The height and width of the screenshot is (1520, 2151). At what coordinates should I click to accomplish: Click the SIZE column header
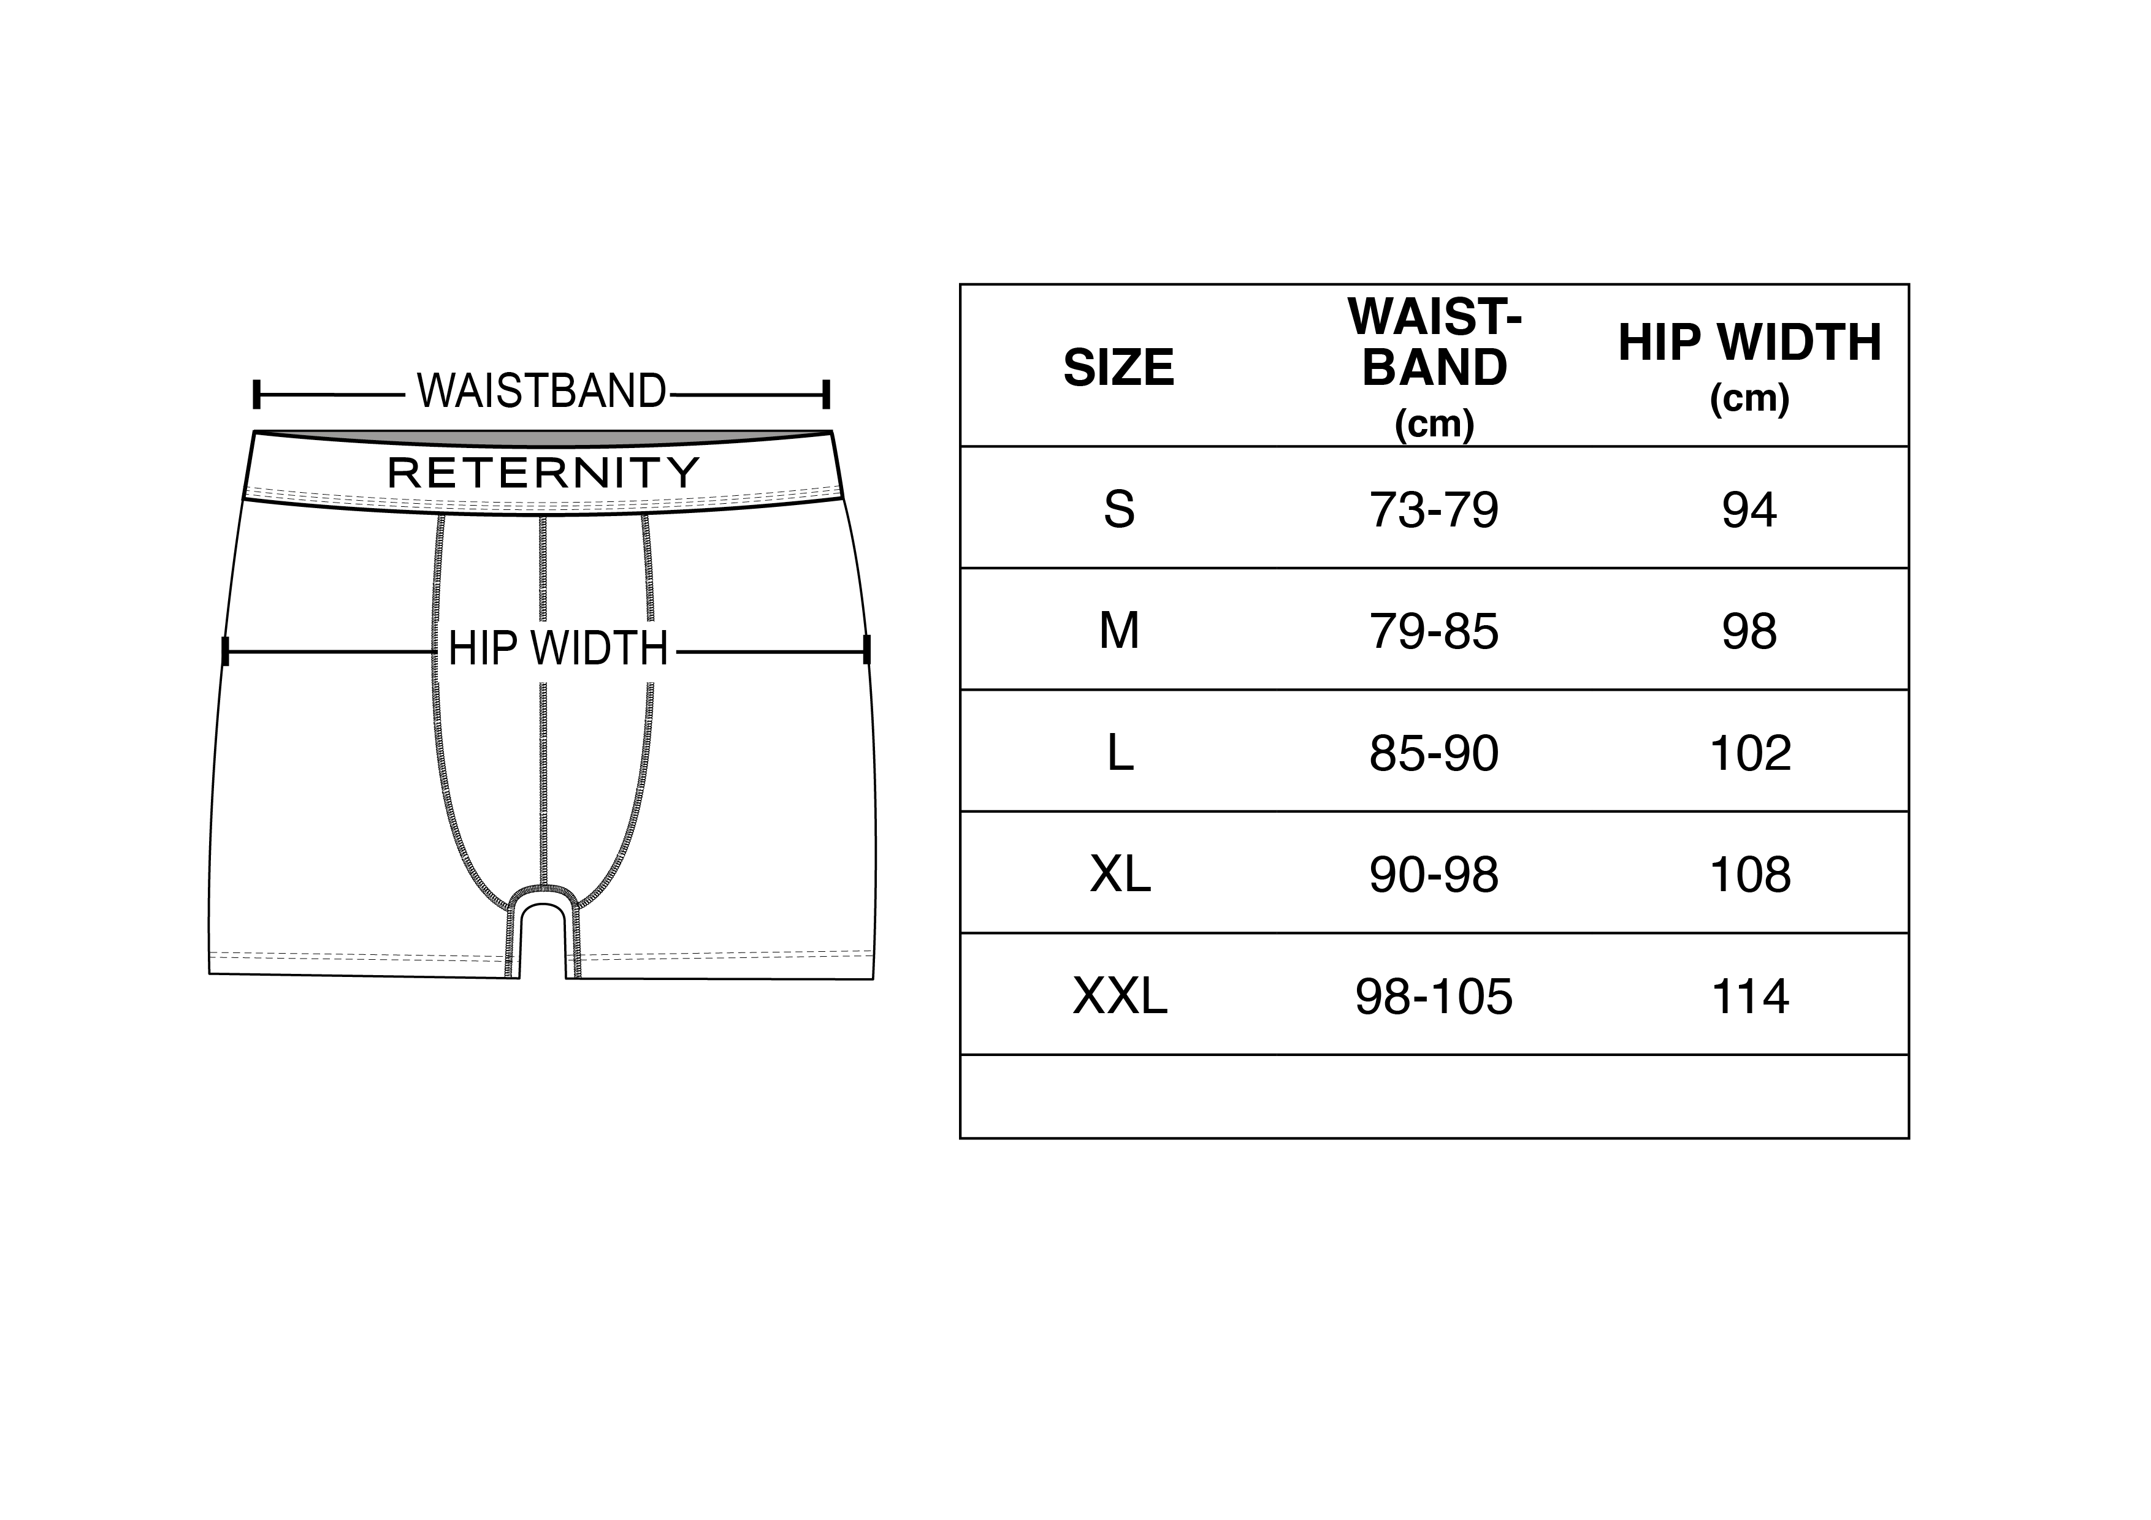tap(1118, 367)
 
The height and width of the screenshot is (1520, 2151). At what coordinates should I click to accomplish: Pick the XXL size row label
tap(1120, 995)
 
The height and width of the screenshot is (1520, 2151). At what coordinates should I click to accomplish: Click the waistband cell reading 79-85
tap(1434, 631)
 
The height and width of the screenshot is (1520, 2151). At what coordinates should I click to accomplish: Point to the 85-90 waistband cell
tap(1434, 753)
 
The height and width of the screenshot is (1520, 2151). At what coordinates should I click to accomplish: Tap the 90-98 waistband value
tap(1434, 875)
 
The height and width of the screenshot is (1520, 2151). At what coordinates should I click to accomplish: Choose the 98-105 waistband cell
tap(1434, 995)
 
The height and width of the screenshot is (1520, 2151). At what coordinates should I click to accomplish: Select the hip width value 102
tap(1750, 753)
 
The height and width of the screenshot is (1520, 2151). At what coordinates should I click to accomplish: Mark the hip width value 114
tap(1750, 995)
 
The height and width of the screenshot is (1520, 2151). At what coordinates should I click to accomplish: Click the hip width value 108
tap(1750, 875)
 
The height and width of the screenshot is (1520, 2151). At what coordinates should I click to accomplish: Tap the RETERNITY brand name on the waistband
tap(543, 473)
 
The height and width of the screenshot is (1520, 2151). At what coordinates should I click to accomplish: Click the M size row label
tap(1118, 631)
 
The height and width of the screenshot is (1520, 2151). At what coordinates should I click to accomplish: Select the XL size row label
tap(1120, 875)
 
